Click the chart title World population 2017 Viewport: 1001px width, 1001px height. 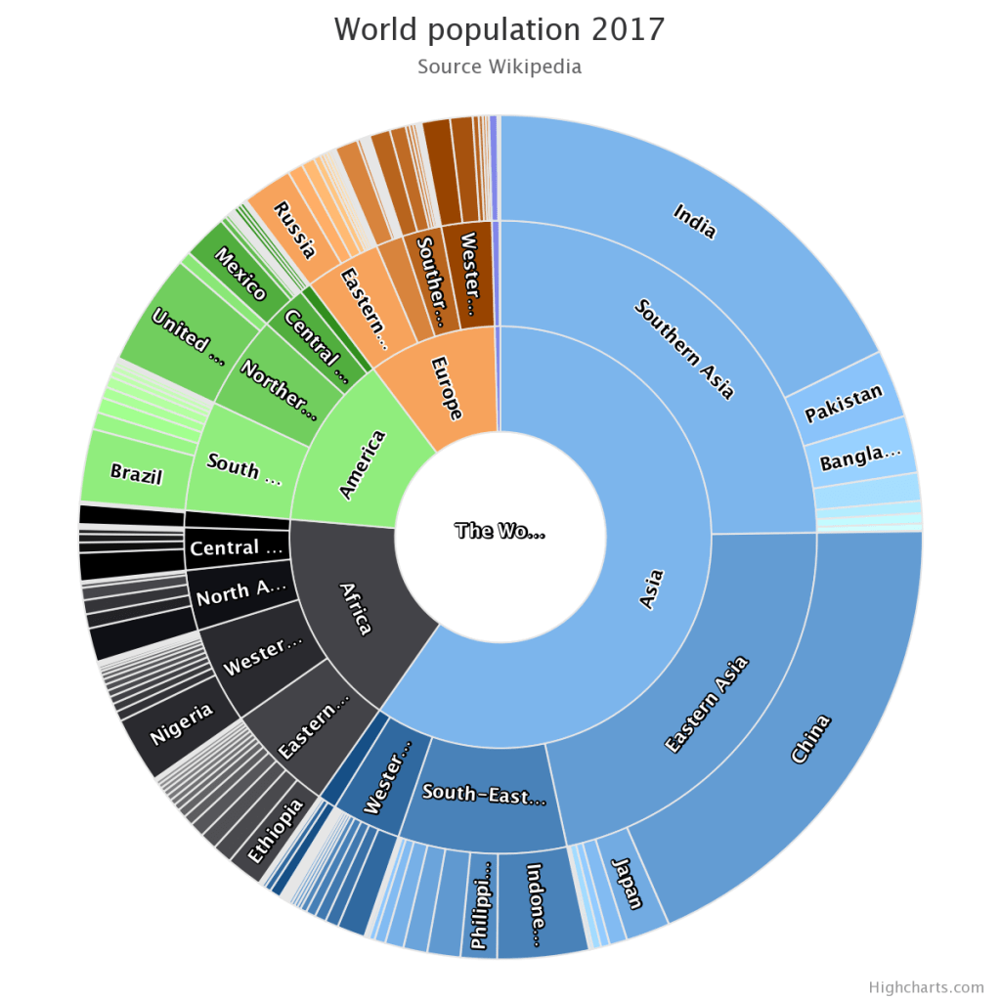point(500,28)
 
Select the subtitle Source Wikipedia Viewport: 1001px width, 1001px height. point(500,66)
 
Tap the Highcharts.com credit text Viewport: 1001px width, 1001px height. point(926,987)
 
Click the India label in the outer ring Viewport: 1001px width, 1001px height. point(695,221)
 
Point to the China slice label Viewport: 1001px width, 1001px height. point(809,738)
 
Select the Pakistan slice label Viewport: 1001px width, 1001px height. point(844,404)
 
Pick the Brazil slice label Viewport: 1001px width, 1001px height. point(136,474)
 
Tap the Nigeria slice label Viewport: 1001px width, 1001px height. point(182,724)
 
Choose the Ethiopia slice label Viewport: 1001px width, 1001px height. point(276,830)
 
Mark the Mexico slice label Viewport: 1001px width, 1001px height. point(239,275)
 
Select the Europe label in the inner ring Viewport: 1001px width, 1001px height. point(445,388)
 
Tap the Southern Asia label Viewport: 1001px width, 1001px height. point(684,348)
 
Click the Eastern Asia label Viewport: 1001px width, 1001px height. point(706,704)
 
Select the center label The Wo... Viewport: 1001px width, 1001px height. point(500,532)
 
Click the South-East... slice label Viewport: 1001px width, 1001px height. point(484,795)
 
